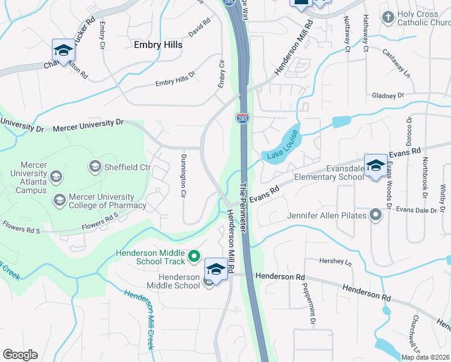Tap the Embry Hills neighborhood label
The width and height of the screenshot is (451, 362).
pos(157,45)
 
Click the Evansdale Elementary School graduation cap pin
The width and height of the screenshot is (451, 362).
pos(376,166)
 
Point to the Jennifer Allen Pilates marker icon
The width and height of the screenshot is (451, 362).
pos(377,215)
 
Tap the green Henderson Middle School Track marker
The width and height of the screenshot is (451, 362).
pos(194,257)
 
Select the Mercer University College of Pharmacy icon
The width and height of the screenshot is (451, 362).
pos(59,200)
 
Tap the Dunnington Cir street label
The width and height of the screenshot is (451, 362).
pos(182,176)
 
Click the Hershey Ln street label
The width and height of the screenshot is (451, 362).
pos(338,262)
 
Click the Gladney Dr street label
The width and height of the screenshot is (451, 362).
pos(388,95)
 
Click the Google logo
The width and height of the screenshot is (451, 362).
pos(20,355)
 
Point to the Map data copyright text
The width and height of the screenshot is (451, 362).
pos(425,357)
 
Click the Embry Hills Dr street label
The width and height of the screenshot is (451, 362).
pos(175,79)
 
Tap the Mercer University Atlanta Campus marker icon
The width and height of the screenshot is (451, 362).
pos(56,176)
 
